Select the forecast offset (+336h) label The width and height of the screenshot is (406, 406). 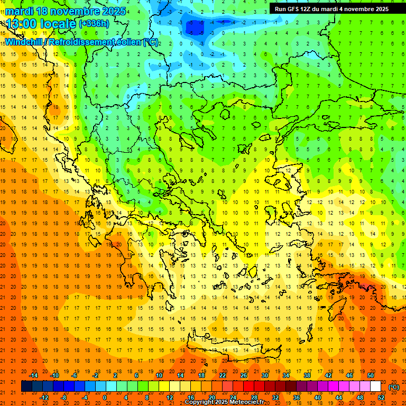pos(94,24)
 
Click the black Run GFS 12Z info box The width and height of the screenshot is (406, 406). pos(331,8)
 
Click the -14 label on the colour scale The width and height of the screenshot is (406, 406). pos(34,375)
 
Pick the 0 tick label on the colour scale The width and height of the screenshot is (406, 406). pos(104,398)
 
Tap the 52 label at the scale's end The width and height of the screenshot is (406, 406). pos(382,398)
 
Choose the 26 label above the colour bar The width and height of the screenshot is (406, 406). pos(244,375)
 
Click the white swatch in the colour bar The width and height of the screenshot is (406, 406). pos(376,386)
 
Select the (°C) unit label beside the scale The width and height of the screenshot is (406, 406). pos(394,387)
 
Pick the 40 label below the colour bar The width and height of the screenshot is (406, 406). pos(317,398)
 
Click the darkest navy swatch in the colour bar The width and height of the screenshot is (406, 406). pos(27,386)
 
